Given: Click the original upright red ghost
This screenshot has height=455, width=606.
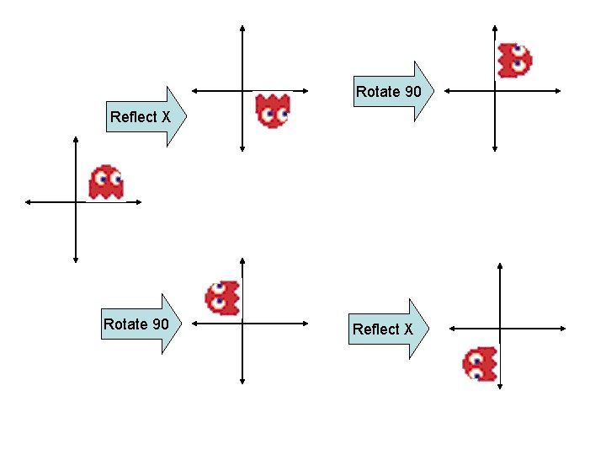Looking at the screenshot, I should [106, 182].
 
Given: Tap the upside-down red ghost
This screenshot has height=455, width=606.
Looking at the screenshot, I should [273, 110].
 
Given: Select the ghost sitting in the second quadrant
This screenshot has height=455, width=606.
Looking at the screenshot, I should [222, 297].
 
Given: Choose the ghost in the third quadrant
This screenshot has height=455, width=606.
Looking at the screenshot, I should [480, 363].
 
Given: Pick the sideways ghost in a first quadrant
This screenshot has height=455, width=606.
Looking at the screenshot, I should [514, 61].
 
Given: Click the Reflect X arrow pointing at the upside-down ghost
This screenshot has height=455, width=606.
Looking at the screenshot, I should [147, 117].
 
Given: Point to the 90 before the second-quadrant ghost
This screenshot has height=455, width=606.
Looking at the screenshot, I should [159, 324].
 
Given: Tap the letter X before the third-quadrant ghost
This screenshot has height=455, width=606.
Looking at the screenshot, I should [408, 329].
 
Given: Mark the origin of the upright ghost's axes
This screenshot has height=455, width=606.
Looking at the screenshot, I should [76, 201].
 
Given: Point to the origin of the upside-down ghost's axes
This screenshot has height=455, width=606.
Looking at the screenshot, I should [242, 90].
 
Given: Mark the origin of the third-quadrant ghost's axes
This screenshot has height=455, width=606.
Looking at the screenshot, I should [501, 329].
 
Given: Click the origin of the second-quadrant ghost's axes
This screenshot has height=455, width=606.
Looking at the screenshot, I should [242, 323].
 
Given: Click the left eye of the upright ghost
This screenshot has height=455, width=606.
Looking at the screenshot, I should [102, 178].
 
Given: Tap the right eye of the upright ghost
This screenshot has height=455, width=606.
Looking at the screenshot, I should [116, 178].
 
